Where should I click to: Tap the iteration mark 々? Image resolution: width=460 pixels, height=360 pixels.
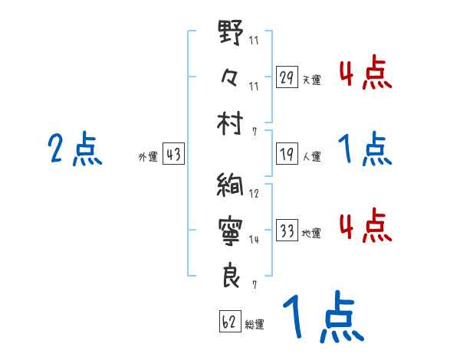pyautogui.click(x=231, y=77)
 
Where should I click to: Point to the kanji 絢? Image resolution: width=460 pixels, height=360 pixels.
pyautogui.click(x=231, y=186)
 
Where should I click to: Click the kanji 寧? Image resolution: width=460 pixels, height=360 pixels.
pyautogui.click(x=231, y=229)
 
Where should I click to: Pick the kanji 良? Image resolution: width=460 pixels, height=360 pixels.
pyautogui.click(x=231, y=274)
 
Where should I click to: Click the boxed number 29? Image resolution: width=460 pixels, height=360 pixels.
pyautogui.click(x=287, y=77)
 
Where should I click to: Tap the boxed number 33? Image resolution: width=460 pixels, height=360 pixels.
pyautogui.click(x=287, y=231)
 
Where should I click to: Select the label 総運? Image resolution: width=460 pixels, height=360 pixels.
pyautogui.click(x=255, y=325)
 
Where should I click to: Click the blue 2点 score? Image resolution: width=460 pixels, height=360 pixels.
pyautogui.click(x=74, y=149)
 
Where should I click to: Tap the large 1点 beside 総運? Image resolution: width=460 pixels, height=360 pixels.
pyautogui.click(x=322, y=319)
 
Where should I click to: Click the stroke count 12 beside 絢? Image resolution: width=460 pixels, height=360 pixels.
pyautogui.click(x=254, y=195)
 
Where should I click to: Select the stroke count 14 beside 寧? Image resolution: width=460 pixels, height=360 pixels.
pyautogui.click(x=254, y=240)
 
